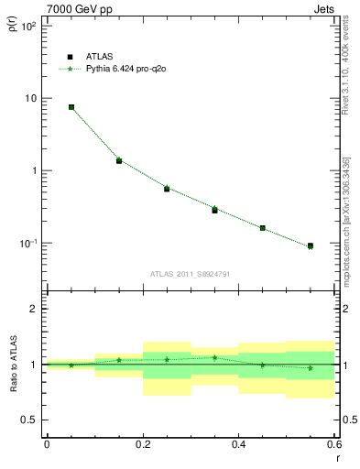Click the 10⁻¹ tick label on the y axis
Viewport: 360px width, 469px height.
tap(27, 244)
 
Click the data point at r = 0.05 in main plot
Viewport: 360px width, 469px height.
tap(71, 107)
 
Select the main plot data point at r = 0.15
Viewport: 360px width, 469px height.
tap(119, 160)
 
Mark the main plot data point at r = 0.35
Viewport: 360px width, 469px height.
tap(215, 210)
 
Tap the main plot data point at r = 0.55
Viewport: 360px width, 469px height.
tap(311, 246)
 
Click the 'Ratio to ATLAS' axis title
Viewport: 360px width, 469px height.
tap(12, 364)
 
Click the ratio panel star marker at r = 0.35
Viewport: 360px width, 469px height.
tap(215, 357)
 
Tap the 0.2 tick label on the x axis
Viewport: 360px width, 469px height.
tap(142, 443)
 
